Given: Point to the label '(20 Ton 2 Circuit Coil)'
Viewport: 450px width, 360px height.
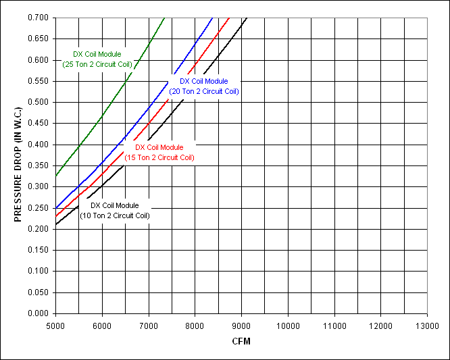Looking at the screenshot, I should pyautogui.click(x=204, y=91).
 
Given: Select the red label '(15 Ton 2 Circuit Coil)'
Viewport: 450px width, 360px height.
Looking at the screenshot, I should pyautogui.click(x=159, y=157).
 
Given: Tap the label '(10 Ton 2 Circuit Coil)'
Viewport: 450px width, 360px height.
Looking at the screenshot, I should pyautogui.click(x=115, y=215).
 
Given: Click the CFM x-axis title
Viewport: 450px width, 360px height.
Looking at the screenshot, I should pyautogui.click(x=241, y=341).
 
